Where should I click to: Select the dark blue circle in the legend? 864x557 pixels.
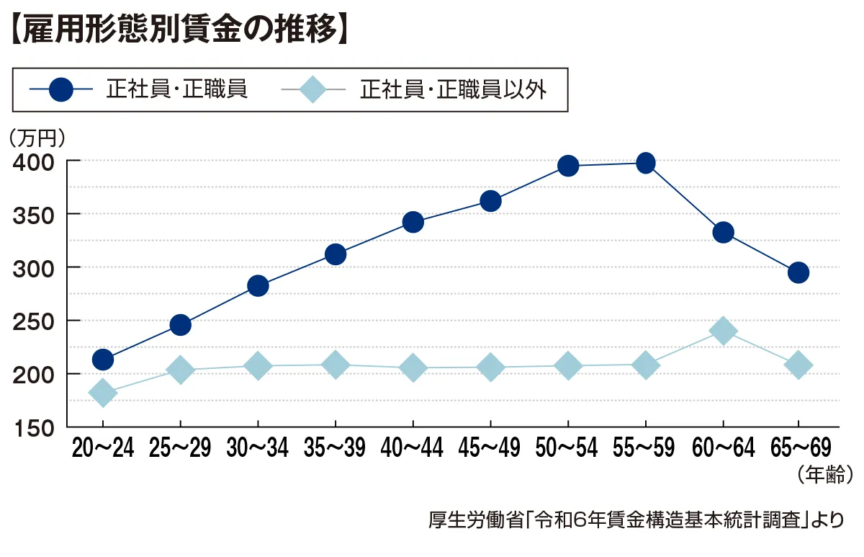(x=62, y=89)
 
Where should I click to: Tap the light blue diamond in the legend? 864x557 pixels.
(x=312, y=89)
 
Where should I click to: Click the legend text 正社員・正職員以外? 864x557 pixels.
(x=454, y=89)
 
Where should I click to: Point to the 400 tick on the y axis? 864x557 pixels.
(x=34, y=161)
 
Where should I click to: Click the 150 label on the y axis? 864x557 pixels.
(x=34, y=427)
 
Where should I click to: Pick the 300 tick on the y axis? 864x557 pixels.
(x=34, y=267)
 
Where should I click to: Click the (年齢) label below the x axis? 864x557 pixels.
(x=825, y=473)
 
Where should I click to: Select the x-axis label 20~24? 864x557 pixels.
(x=102, y=449)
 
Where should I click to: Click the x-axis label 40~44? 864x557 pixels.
(x=413, y=449)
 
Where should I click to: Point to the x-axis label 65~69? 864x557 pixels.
(x=800, y=449)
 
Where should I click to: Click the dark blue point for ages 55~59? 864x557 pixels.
(x=646, y=163)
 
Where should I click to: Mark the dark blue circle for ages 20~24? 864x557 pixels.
(x=103, y=359)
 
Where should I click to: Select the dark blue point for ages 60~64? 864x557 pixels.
(x=723, y=232)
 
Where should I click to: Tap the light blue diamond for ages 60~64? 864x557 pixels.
(x=723, y=331)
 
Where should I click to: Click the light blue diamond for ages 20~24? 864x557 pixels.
(x=102, y=393)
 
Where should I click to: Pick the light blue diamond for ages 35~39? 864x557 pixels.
(x=335, y=365)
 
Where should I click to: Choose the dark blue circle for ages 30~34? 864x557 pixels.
(x=258, y=286)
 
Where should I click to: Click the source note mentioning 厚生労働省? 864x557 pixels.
(x=634, y=519)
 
